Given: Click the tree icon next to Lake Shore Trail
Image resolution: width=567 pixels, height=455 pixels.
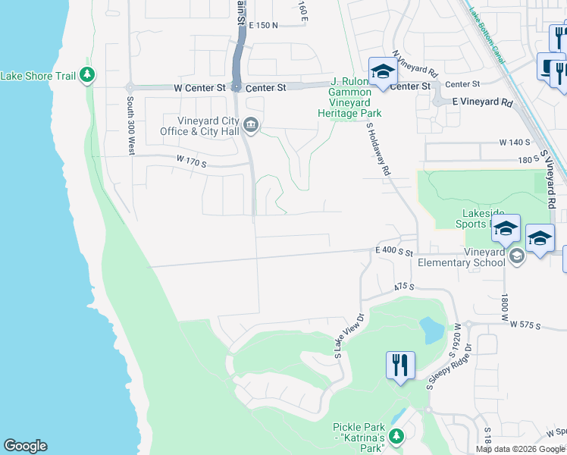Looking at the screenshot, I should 89,74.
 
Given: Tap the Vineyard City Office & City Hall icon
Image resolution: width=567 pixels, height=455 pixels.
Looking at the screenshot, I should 252,125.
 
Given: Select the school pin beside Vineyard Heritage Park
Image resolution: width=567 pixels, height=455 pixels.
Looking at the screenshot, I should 383,73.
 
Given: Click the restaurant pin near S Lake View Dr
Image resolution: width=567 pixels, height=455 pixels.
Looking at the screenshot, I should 399,366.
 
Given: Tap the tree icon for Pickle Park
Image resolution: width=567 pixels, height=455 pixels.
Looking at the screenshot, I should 395,437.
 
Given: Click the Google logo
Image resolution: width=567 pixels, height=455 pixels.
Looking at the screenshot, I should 25,446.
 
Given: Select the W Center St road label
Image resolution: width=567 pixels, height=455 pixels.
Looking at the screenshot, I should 199,88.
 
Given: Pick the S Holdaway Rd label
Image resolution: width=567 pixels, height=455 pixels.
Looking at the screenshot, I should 377,149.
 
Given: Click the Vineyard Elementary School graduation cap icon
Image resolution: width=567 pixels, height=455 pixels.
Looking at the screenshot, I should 516,255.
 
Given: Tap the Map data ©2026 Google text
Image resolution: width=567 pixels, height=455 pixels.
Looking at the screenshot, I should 520,449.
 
